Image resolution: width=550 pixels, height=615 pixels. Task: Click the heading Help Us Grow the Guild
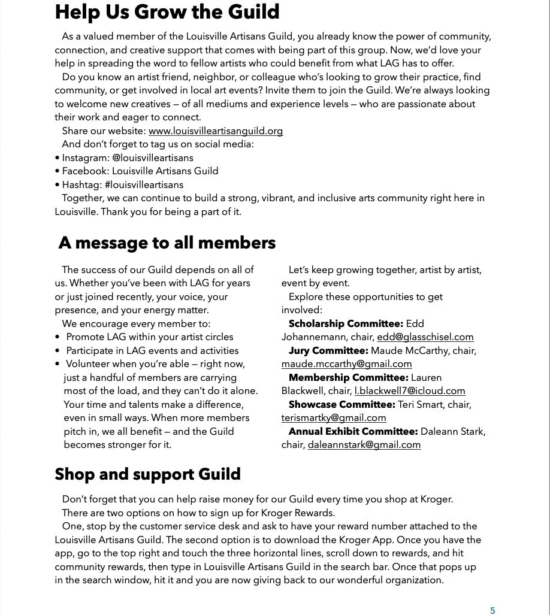click(x=167, y=12)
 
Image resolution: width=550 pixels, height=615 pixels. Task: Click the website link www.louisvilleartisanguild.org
click(x=216, y=131)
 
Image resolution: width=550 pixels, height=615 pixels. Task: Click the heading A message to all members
click(x=167, y=243)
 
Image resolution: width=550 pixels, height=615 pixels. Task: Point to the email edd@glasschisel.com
click(x=425, y=337)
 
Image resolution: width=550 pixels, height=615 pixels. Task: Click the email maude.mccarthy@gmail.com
click(x=346, y=364)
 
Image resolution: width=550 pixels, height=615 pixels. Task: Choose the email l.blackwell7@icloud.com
click(x=410, y=391)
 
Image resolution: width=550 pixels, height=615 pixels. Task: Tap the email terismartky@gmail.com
click(x=334, y=418)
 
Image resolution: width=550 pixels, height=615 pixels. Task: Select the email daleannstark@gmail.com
click(x=364, y=445)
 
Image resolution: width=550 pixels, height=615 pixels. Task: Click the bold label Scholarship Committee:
click(x=346, y=324)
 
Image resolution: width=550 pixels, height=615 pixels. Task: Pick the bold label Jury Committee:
click(x=328, y=351)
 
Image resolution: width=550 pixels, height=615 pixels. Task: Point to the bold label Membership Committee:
click(x=349, y=378)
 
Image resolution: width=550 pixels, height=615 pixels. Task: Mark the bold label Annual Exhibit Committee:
click(x=353, y=432)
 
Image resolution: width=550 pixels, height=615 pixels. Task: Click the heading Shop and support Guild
click(x=147, y=474)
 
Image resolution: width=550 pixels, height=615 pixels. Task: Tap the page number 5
click(x=492, y=611)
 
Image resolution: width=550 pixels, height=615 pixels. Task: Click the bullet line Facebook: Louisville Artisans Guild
click(x=140, y=171)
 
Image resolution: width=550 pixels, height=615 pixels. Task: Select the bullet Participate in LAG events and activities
click(x=152, y=351)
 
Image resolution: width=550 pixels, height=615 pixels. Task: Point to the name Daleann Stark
click(x=453, y=432)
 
